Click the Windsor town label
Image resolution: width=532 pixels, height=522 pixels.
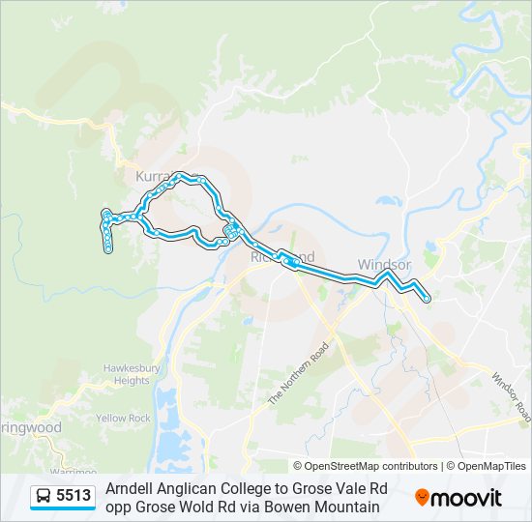point(384,264)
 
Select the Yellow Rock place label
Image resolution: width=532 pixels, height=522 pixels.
point(124,419)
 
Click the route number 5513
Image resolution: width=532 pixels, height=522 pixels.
point(74,497)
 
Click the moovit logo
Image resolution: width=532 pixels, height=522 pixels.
point(458,498)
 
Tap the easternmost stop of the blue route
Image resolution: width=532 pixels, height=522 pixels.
point(427,301)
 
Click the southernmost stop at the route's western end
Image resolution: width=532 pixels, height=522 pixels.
point(108,249)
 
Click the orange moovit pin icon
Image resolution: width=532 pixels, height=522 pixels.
point(422,498)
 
